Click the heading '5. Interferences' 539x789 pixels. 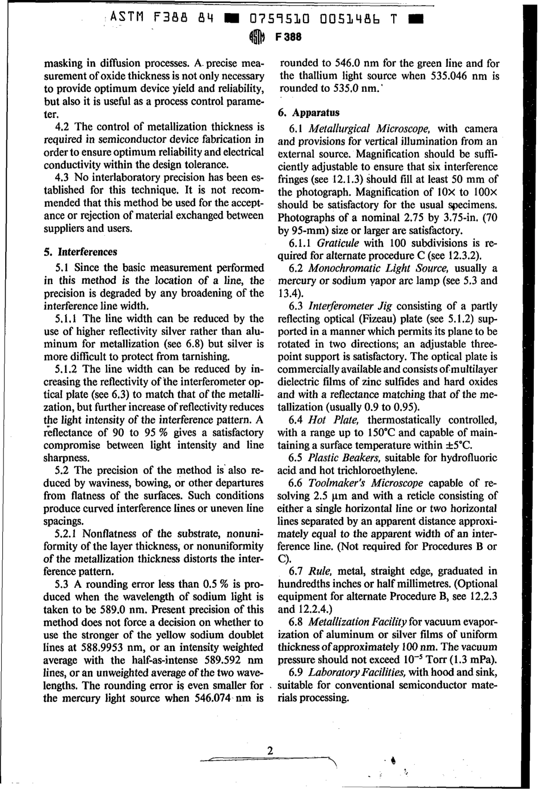[x=81, y=252]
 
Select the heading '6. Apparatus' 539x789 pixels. [x=309, y=113]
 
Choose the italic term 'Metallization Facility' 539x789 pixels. [x=357, y=622]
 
